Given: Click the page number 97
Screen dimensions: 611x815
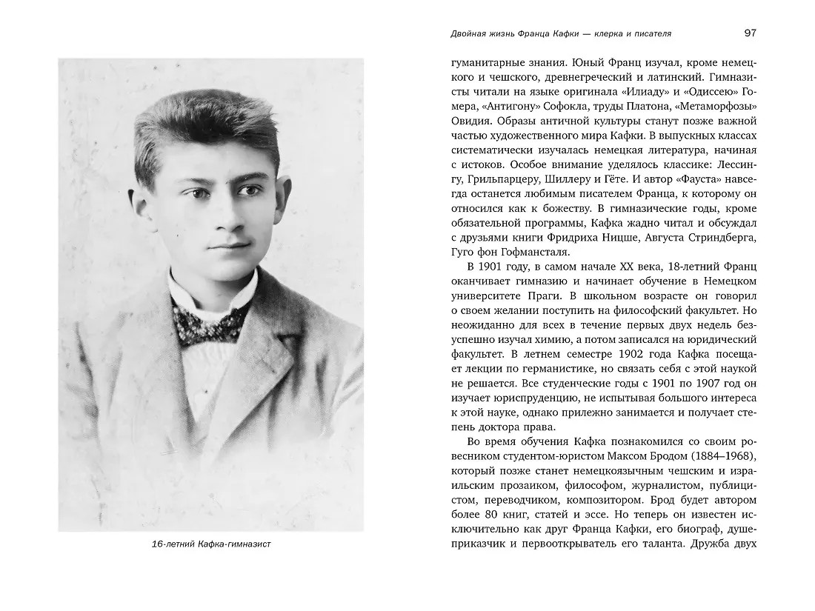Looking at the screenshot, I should (x=749, y=33).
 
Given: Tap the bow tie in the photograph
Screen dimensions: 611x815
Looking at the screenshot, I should (x=209, y=321).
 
